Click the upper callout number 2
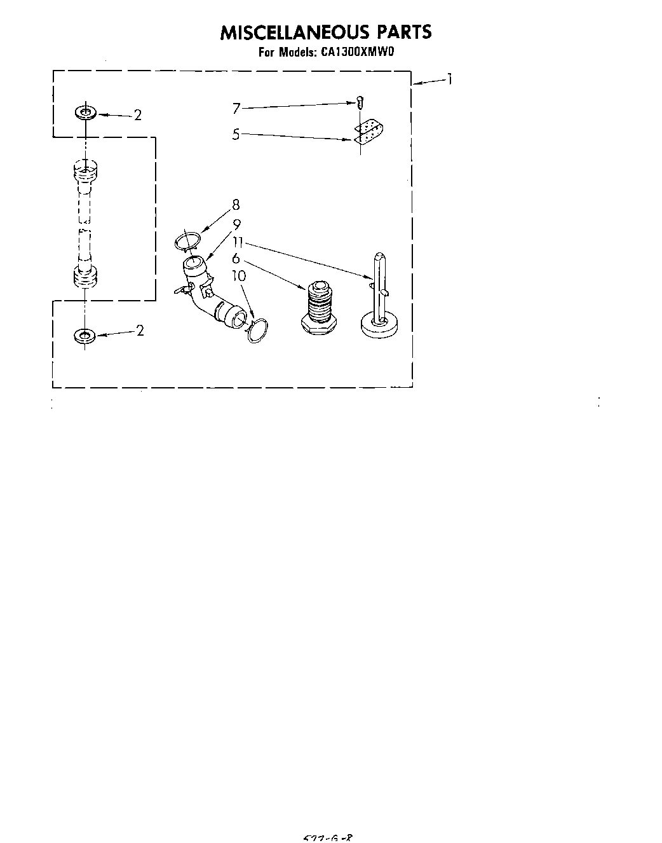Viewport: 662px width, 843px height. click(137, 115)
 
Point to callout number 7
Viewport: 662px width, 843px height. click(236, 109)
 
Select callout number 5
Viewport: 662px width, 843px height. click(236, 134)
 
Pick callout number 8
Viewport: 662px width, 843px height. click(236, 205)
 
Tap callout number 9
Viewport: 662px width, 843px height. click(236, 224)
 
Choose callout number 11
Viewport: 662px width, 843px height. click(238, 242)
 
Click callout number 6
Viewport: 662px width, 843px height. click(236, 258)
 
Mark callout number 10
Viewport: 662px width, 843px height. click(238, 275)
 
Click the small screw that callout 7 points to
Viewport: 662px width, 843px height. click(360, 101)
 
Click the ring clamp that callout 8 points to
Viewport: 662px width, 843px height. click(187, 241)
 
